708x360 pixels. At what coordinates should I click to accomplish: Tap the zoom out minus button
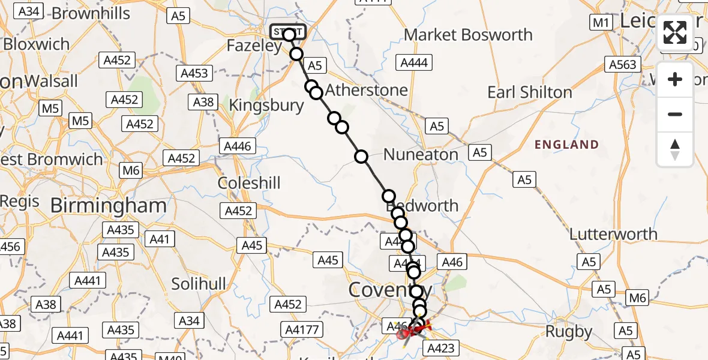pyautogui.click(x=675, y=114)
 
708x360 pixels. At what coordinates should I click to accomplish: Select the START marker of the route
pyautogui.click(x=288, y=32)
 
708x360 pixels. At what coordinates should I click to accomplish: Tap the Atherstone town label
pyautogui.click(x=367, y=90)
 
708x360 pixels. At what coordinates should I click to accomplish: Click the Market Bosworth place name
pyautogui.click(x=468, y=35)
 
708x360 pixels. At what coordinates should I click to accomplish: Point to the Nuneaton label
pyautogui.click(x=421, y=154)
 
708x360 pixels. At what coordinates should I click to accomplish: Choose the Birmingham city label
pyautogui.click(x=108, y=206)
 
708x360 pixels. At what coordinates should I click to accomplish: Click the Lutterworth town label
pyautogui.click(x=613, y=234)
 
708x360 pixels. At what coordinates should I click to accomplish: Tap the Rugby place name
pyautogui.click(x=569, y=331)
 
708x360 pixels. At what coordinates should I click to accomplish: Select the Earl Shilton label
pyautogui.click(x=530, y=92)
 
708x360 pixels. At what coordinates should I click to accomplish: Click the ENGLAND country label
pyautogui.click(x=566, y=145)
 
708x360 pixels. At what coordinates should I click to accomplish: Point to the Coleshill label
pyautogui.click(x=249, y=183)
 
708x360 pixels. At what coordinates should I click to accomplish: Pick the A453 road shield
pyautogui.click(x=194, y=73)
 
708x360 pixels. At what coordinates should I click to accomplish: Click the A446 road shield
pyautogui.click(x=238, y=145)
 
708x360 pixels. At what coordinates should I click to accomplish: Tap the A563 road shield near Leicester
pyautogui.click(x=622, y=65)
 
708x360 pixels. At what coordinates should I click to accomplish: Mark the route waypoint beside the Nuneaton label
pyautogui.click(x=361, y=157)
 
